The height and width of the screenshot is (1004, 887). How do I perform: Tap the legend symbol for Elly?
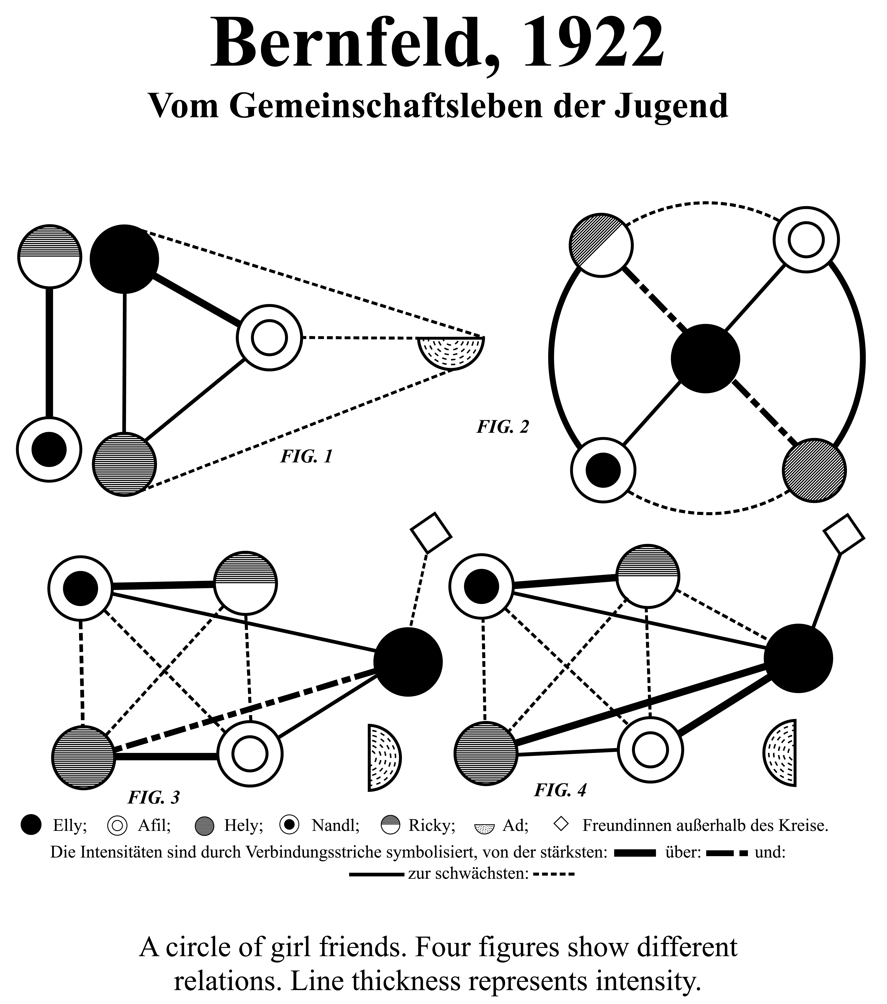point(31,825)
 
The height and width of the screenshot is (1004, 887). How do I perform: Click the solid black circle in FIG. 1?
point(124,259)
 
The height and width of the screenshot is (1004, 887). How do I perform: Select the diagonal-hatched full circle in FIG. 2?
point(814,470)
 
